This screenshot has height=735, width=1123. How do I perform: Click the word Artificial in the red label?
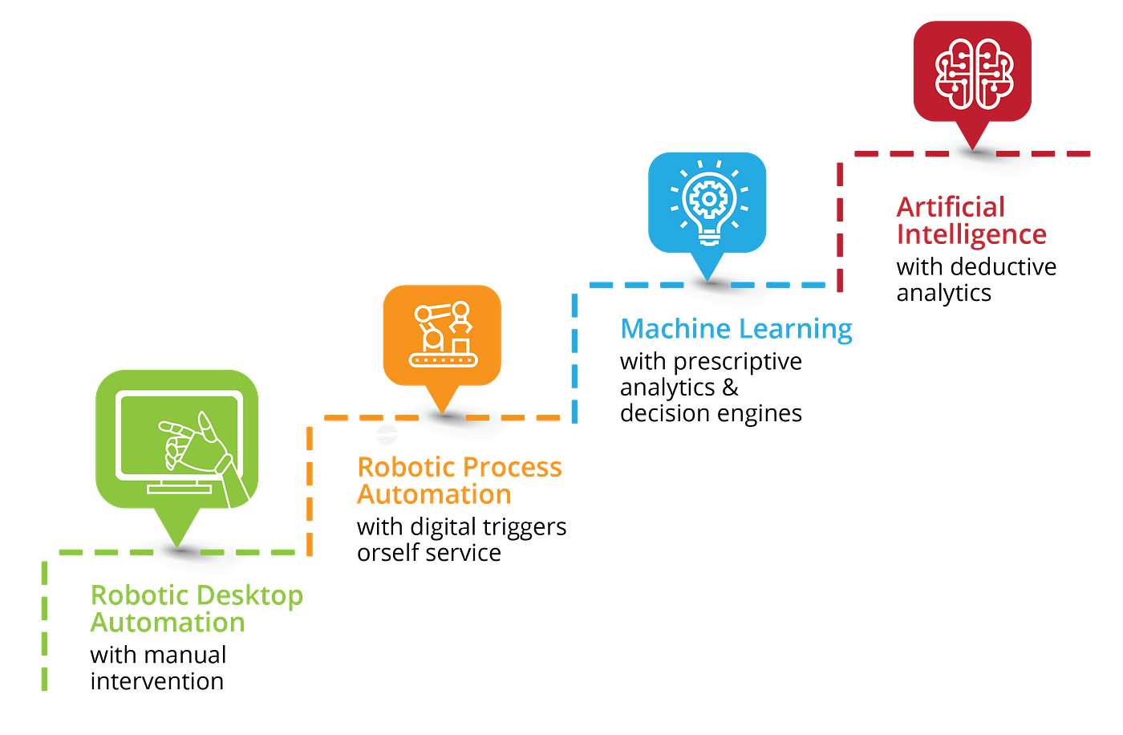(x=951, y=207)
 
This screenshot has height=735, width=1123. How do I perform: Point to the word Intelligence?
(x=971, y=234)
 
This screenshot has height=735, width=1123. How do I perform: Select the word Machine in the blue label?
(x=675, y=329)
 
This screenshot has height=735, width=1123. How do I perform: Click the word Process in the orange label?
(x=513, y=467)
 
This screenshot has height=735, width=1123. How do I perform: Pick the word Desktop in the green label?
(x=249, y=596)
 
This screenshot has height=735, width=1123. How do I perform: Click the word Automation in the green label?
(x=167, y=623)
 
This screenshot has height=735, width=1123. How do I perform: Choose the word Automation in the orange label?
(x=433, y=493)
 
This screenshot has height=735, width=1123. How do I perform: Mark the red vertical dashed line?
(x=840, y=225)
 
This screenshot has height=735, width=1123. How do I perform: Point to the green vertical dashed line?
(x=45, y=626)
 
